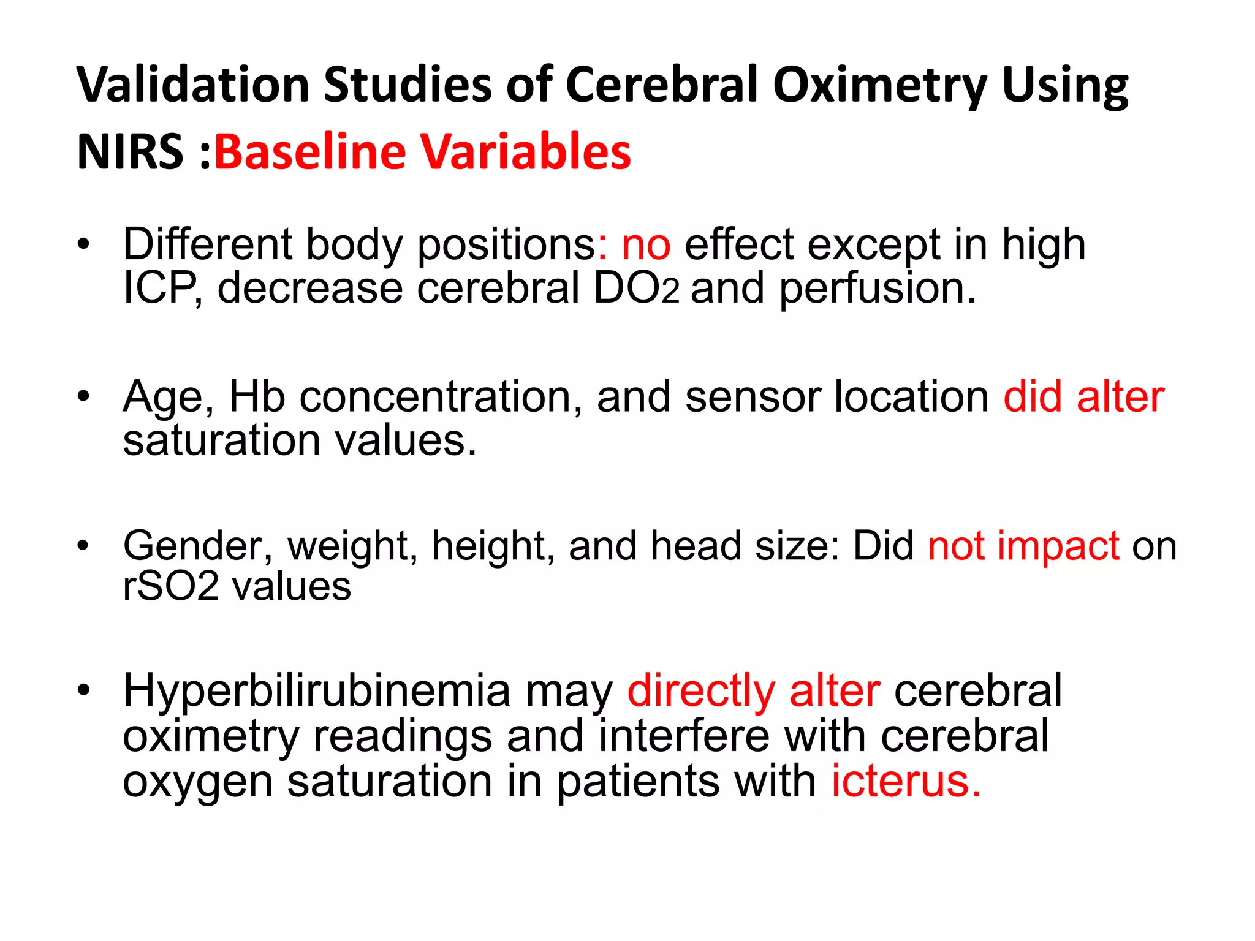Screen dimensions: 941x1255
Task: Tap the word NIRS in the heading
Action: click(130, 152)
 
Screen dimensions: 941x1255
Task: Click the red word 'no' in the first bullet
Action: click(646, 244)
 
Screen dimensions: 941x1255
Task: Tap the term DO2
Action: click(636, 288)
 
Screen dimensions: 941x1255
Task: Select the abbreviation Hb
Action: click(257, 396)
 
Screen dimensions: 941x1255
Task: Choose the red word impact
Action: click(1058, 545)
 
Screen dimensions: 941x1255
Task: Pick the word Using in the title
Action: click(1065, 86)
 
